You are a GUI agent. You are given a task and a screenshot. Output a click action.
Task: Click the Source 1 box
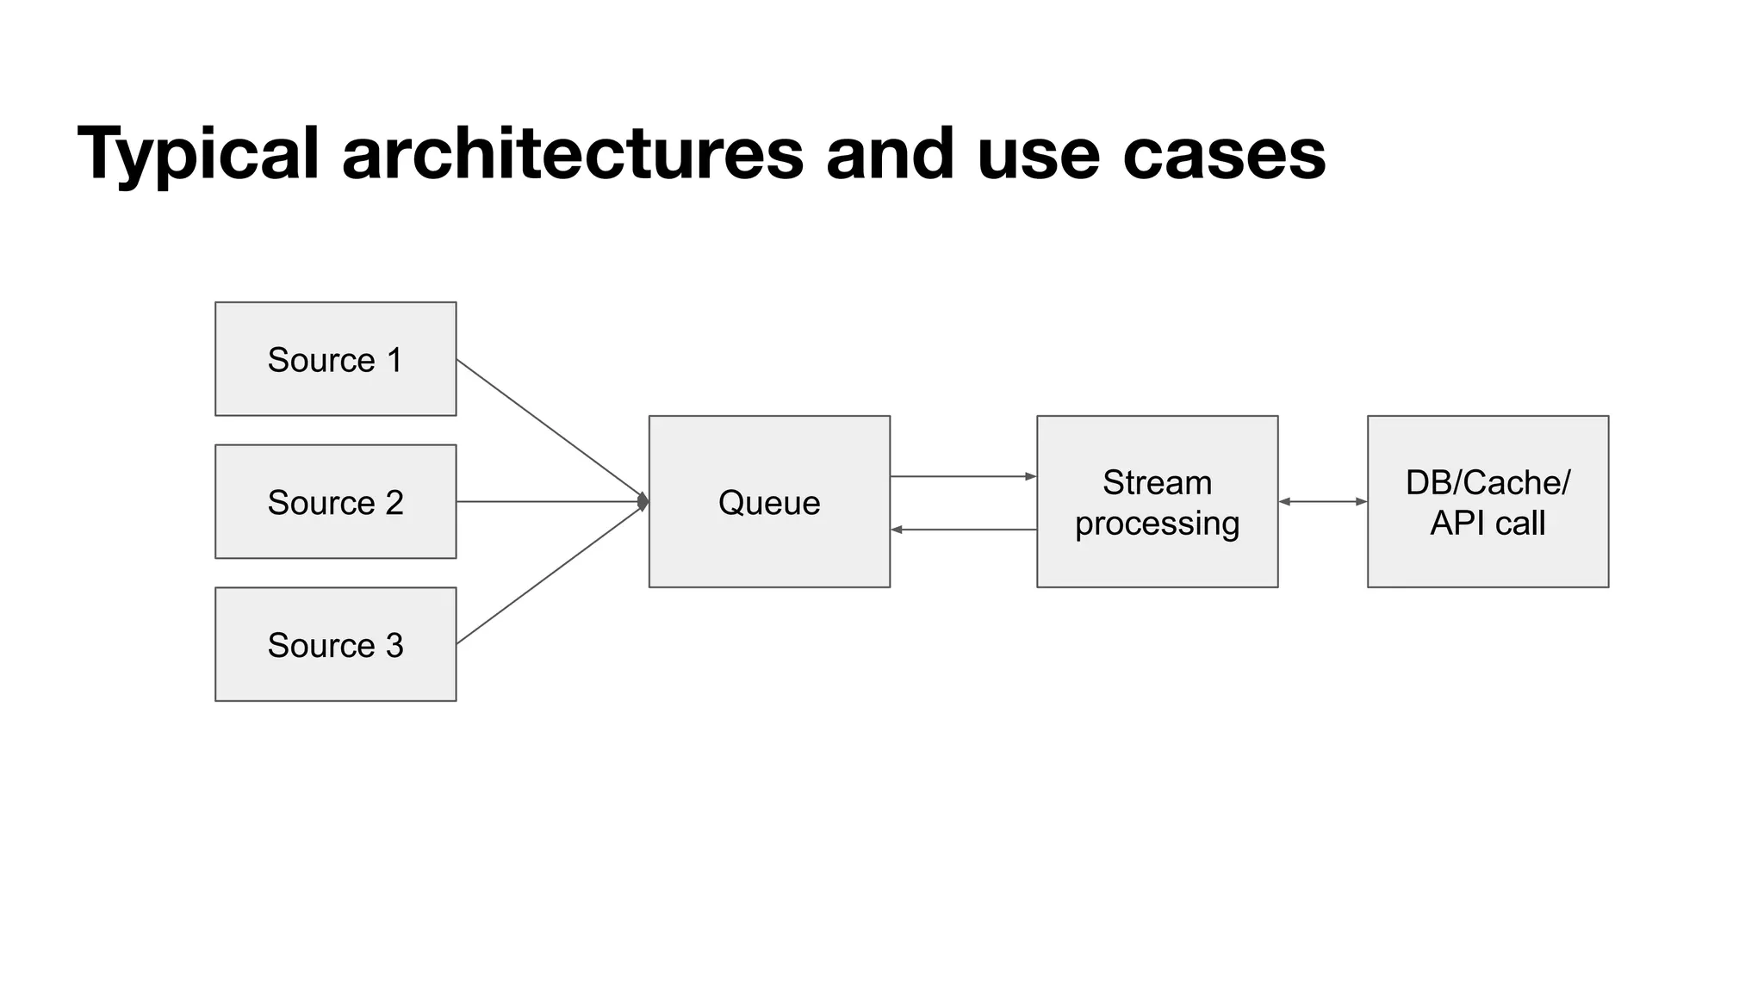tap(335, 359)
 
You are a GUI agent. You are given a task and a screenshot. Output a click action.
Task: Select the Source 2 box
tap(335, 502)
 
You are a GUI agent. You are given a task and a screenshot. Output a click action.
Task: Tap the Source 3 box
tap(335, 644)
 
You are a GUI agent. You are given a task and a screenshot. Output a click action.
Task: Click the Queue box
tap(769, 502)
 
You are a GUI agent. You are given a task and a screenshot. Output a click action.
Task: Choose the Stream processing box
tap(1157, 502)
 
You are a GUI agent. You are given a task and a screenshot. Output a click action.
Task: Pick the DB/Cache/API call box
tap(1488, 502)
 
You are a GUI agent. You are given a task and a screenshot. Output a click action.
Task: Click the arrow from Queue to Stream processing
tap(963, 476)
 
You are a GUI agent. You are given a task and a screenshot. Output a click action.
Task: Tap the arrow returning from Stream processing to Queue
tap(963, 530)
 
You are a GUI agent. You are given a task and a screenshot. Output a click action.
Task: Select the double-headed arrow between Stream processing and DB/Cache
tap(1323, 501)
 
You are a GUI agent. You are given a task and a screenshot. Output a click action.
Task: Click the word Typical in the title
tap(198, 155)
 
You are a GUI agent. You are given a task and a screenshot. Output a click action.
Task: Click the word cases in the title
tap(1224, 155)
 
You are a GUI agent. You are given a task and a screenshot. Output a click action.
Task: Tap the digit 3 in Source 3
tap(394, 645)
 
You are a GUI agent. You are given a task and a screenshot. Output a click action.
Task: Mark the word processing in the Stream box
tap(1157, 524)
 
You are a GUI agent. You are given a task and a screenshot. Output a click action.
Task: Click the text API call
tap(1488, 524)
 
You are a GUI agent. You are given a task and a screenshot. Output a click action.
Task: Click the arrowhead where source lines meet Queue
tap(643, 502)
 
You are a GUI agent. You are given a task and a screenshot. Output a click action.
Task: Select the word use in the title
tap(1038, 155)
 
